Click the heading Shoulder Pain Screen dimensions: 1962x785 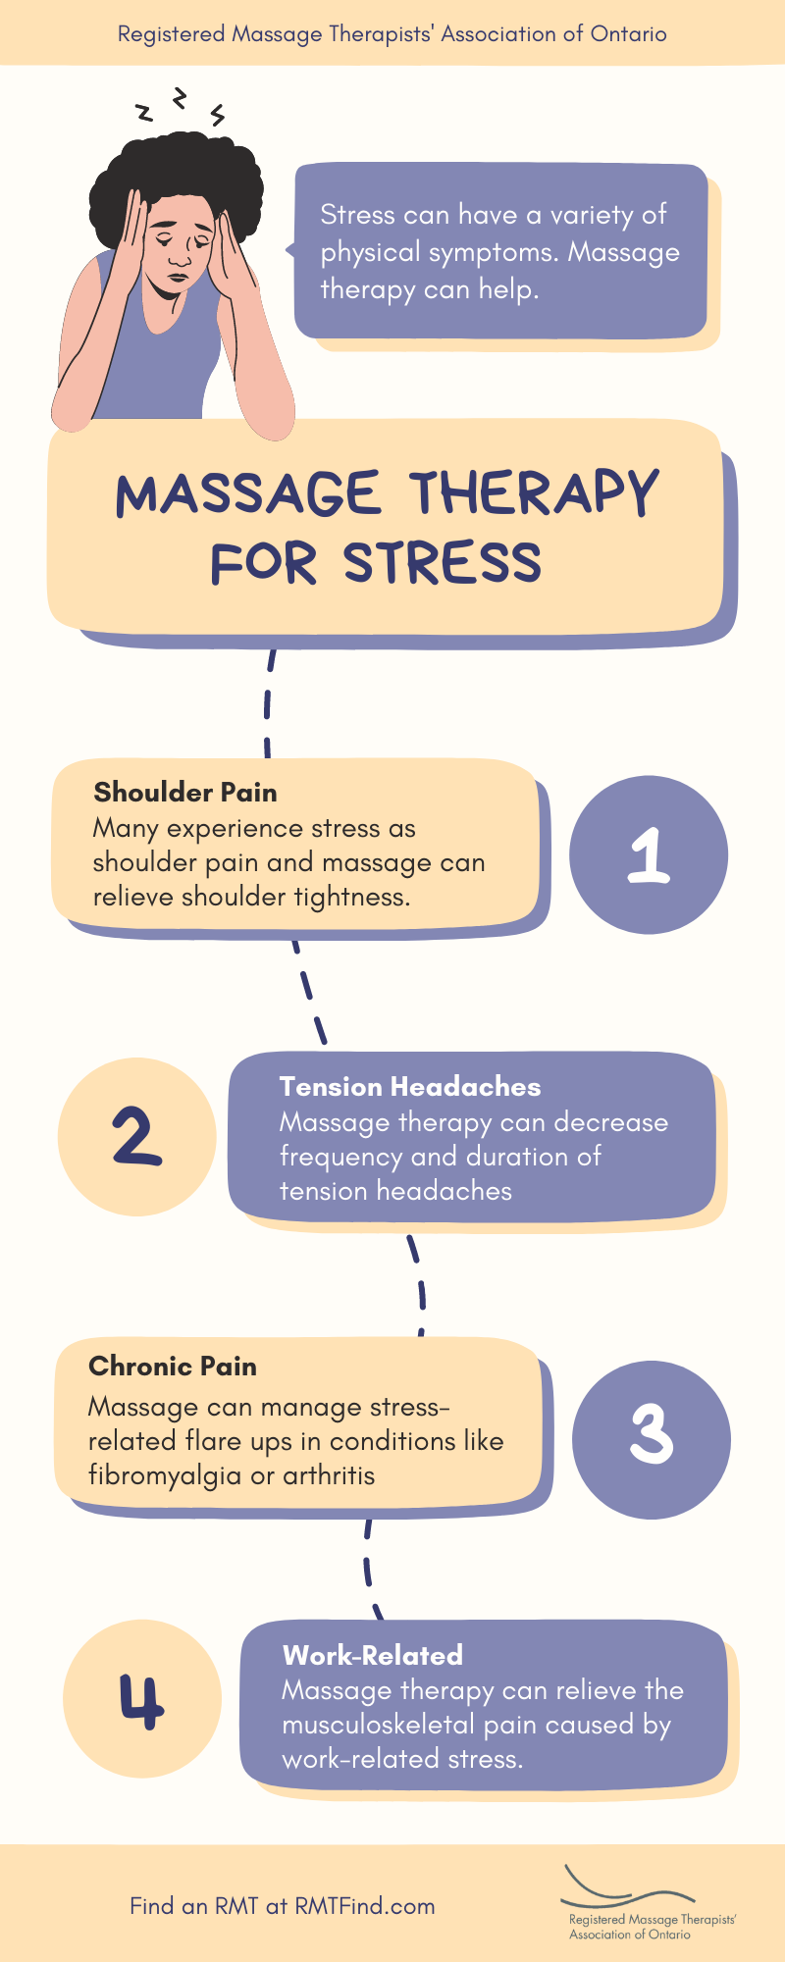pos(185,793)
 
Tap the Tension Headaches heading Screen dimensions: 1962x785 pos(410,1087)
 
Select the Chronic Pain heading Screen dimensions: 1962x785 pos(173,1367)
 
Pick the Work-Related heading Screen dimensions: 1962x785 pos(373,1656)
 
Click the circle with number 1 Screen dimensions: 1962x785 pos(649,854)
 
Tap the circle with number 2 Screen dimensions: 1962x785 pos(136,1137)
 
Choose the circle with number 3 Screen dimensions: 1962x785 pos(652,1439)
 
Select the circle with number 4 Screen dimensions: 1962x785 pos(142,1699)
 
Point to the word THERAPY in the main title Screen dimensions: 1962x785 pos(534,492)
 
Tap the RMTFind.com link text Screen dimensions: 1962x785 pos(365,1906)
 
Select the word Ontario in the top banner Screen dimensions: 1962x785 pos(628,34)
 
